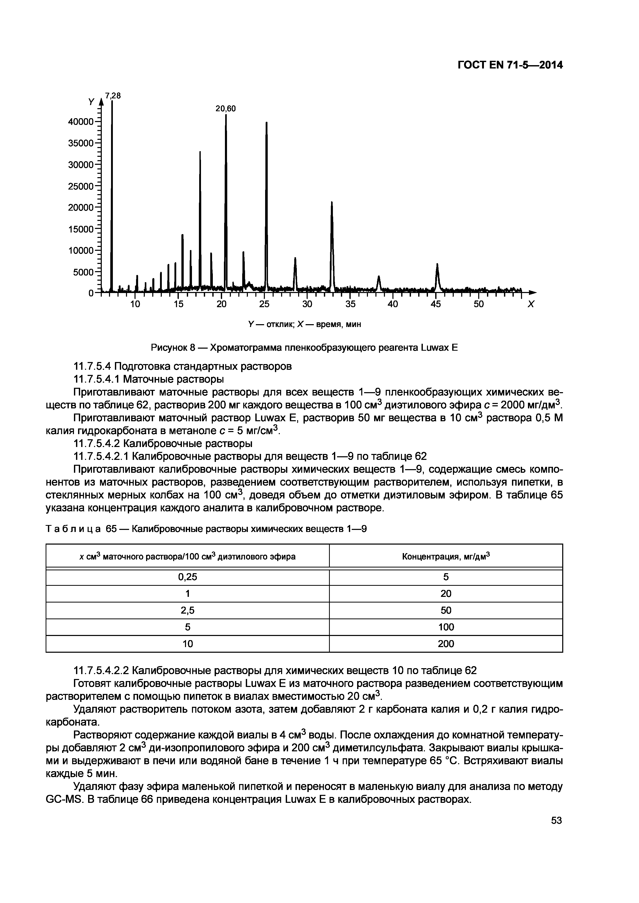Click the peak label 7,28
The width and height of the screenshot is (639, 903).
[113, 96]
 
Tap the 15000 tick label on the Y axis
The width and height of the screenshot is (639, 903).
[81, 229]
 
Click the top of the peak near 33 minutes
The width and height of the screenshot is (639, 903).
[332, 203]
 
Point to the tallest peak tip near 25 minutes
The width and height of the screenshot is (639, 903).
[266, 123]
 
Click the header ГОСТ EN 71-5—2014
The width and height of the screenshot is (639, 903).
[510, 65]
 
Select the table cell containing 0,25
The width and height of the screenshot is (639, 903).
[187, 577]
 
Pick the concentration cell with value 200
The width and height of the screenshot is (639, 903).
[446, 644]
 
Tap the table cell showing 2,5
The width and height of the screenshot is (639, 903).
[187, 610]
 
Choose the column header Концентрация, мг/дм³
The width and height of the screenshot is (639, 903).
[446, 556]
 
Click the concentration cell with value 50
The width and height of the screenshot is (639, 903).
[446, 610]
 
